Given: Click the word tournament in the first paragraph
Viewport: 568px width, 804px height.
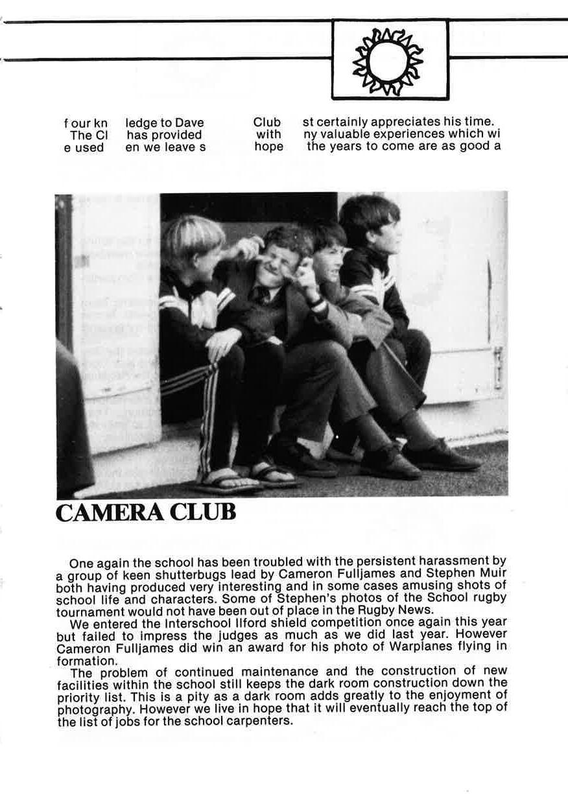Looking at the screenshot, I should [90, 611].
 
